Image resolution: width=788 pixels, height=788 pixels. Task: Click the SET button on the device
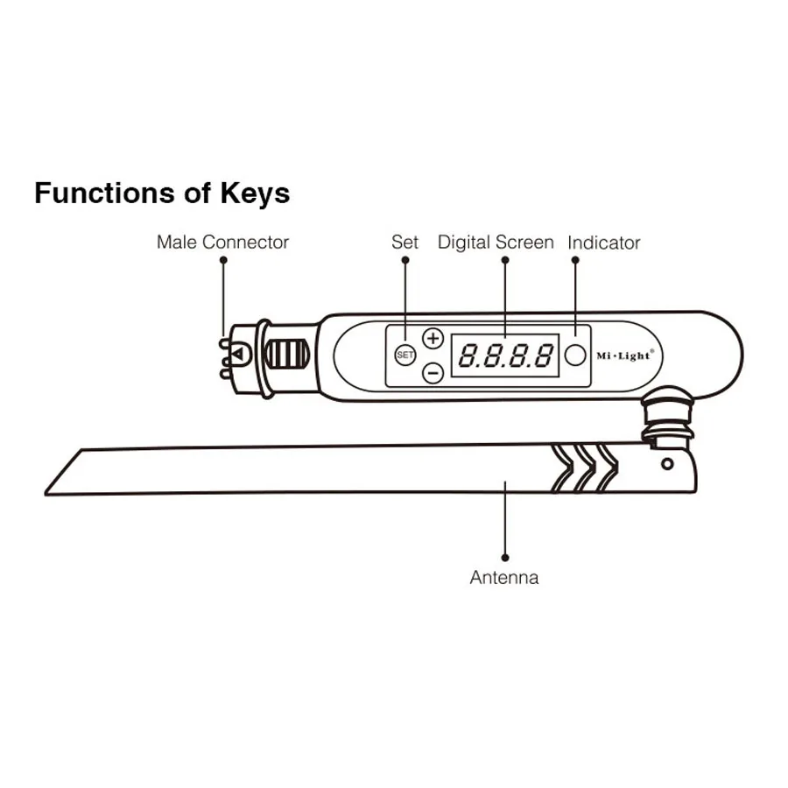click(405, 355)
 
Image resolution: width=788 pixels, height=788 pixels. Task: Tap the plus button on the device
click(433, 338)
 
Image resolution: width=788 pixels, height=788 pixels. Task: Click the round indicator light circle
click(575, 355)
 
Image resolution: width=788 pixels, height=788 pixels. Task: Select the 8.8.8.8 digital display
click(506, 355)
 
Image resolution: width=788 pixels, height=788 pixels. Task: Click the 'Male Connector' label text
click(222, 243)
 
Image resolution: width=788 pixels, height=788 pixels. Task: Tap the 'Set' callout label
click(405, 243)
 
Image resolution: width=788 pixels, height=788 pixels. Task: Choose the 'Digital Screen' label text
click(496, 243)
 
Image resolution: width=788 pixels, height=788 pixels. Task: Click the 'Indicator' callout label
click(604, 243)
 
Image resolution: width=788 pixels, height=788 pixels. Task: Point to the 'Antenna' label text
click(504, 578)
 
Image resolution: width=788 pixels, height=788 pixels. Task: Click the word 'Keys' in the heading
click(254, 193)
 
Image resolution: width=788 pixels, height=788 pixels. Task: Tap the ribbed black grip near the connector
click(287, 355)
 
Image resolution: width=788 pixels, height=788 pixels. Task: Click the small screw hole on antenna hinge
click(667, 463)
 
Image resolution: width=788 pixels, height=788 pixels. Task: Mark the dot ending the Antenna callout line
click(505, 557)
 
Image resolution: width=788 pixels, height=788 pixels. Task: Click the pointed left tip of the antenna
click(49, 492)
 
